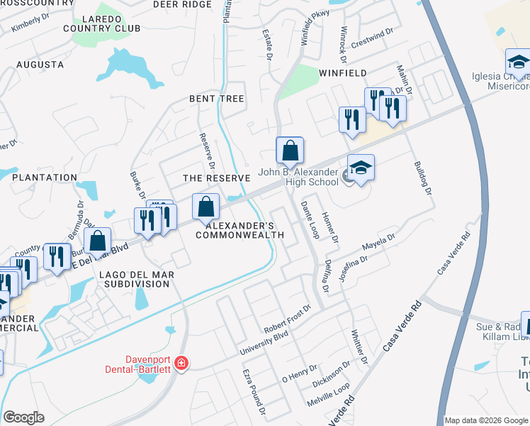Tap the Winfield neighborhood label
click(343, 73)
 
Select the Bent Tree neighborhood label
click(216, 99)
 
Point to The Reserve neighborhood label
click(217, 177)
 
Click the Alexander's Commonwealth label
click(245, 229)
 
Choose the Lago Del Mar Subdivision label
click(135, 279)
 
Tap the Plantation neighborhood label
click(44, 177)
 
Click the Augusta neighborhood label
click(40, 65)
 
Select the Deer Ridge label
click(182, 5)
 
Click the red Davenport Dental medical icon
click(181, 363)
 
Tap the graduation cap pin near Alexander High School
click(361, 168)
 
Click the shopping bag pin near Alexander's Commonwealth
click(205, 207)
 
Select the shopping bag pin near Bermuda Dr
click(98, 239)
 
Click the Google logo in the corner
click(23, 417)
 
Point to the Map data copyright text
click(486, 420)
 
